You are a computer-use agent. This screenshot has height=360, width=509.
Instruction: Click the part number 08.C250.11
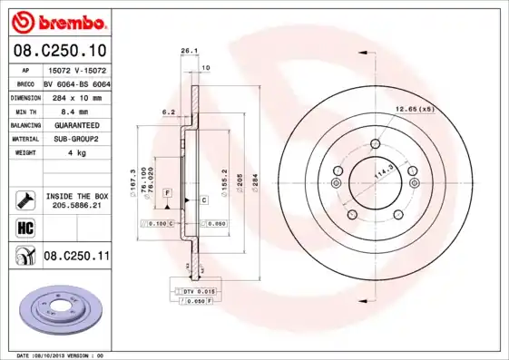(76, 257)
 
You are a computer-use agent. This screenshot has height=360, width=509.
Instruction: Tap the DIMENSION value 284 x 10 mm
(77, 96)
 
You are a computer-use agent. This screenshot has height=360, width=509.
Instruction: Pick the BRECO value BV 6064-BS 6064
(77, 83)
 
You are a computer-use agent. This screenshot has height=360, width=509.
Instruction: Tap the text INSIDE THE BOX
(75, 196)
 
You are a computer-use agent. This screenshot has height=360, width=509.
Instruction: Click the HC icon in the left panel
(24, 228)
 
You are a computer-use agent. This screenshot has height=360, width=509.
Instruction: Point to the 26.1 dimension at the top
(188, 52)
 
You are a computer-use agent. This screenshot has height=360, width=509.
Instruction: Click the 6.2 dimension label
(168, 112)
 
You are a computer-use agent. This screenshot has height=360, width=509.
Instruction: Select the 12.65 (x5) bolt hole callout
(415, 110)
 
